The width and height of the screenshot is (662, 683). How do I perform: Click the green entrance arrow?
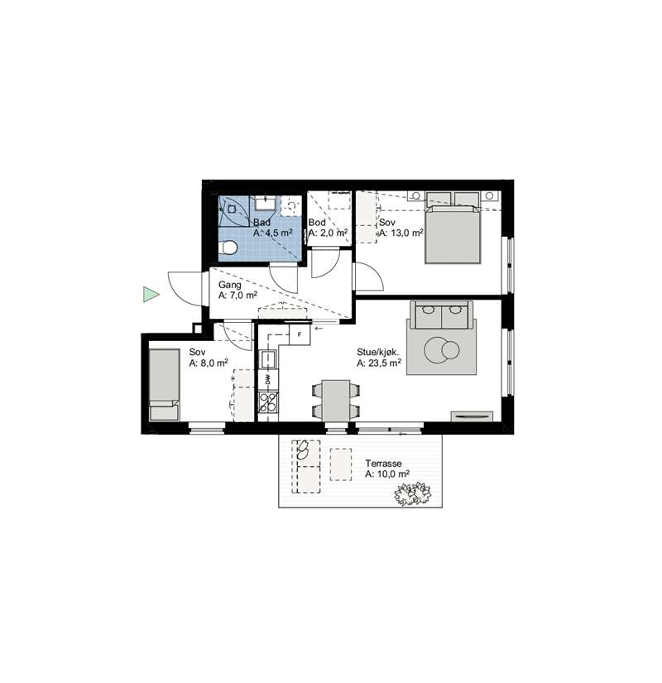pos(151,295)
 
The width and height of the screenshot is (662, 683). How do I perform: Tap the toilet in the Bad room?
pos(228,248)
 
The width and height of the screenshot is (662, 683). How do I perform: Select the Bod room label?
pos(317,222)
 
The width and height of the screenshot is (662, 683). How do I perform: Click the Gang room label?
pos(229,285)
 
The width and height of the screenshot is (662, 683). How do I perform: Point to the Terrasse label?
pos(383,464)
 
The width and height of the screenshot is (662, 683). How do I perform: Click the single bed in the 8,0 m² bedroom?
pos(164,385)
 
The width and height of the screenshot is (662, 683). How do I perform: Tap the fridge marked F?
pos(300,334)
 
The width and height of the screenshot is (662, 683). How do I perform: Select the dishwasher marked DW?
pos(268,380)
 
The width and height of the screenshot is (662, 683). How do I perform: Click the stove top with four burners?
pos(268,402)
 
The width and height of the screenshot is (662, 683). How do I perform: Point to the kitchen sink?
pos(268,359)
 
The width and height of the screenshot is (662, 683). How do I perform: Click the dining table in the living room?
pos(335,401)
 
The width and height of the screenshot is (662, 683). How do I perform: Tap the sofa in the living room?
pos(442,315)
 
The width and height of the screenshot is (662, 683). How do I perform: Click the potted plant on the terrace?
pos(413,493)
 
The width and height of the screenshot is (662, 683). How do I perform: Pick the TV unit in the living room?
pos(472,416)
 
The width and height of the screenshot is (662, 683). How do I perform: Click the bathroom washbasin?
pos(265,204)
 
